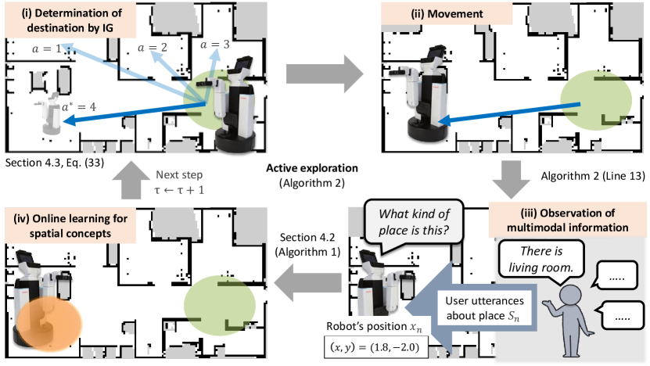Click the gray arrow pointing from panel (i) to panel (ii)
point(324,75)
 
